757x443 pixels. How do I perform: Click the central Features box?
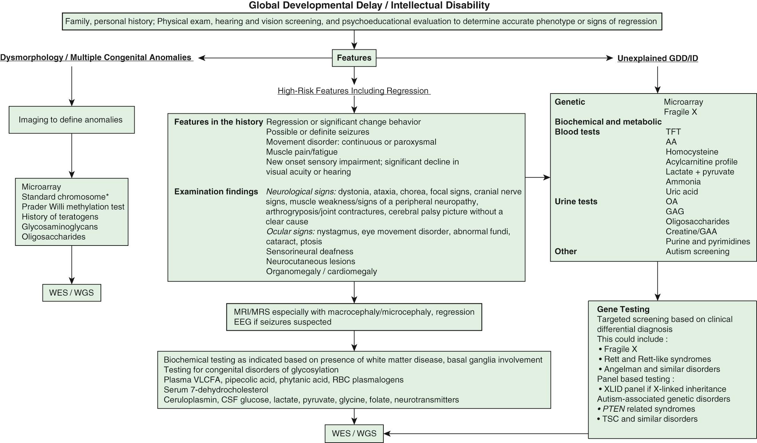tap(354, 58)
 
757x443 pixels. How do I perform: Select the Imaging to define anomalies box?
tap(71, 120)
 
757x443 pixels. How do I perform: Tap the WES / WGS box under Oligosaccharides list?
tap(71, 292)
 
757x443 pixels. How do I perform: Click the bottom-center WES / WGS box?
tap(354, 433)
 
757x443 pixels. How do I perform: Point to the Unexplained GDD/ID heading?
tap(657, 58)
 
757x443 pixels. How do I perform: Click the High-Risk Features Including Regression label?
tap(353, 91)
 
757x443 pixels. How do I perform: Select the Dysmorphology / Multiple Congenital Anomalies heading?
tap(96, 57)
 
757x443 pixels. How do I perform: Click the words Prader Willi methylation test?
tap(73, 207)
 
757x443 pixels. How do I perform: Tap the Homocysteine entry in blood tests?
tap(692, 152)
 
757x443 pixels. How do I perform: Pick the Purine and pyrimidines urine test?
tap(708, 241)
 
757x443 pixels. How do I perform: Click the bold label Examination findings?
tap(216, 192)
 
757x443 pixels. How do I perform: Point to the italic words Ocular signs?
tap(290, 232)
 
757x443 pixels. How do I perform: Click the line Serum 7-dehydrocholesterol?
tap(216, 389)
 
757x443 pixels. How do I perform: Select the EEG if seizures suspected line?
tap(282, 322)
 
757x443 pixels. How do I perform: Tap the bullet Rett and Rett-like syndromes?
tap(657, 359)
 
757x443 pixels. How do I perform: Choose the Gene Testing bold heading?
tap(623, 309)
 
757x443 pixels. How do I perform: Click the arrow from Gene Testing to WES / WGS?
tap(487, 433)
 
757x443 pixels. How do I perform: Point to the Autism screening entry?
tap(697, 251)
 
